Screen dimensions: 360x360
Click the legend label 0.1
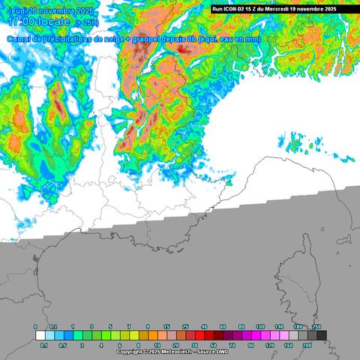pyautogui.click(x=43, y=345)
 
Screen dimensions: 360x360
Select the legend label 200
pyautogui.click(x=306, y=345)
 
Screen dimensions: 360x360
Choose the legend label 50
pyautogui.click(x=213, y=345)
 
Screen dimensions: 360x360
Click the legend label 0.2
pyautogui.click(x=52, y=328)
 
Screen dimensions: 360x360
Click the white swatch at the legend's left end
pyautogui.click(x=40, y=336)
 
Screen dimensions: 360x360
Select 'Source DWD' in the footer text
pyautogui.click(x=214, y=351)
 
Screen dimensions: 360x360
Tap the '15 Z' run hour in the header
pyautogui.click(x=258, y=8)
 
